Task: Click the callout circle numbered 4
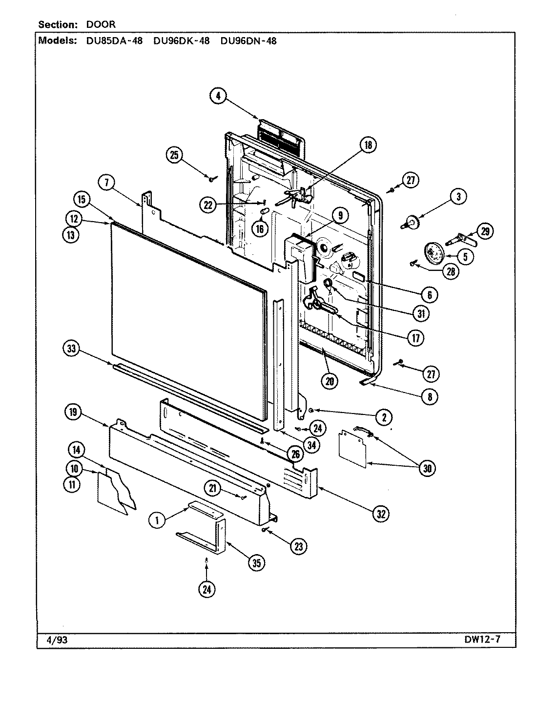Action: click(x=218, y=96)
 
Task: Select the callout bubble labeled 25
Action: click(x=175, y=155)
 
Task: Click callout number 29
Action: click(x=485, y=231)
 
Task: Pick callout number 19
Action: click(x=72, y=413)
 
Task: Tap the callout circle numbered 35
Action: click(x=256, y=563)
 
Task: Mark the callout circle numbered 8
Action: click(x=430, y=396)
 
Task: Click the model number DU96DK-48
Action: click(x=181, y=41)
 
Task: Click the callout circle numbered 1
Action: click(x=157, y=521)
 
